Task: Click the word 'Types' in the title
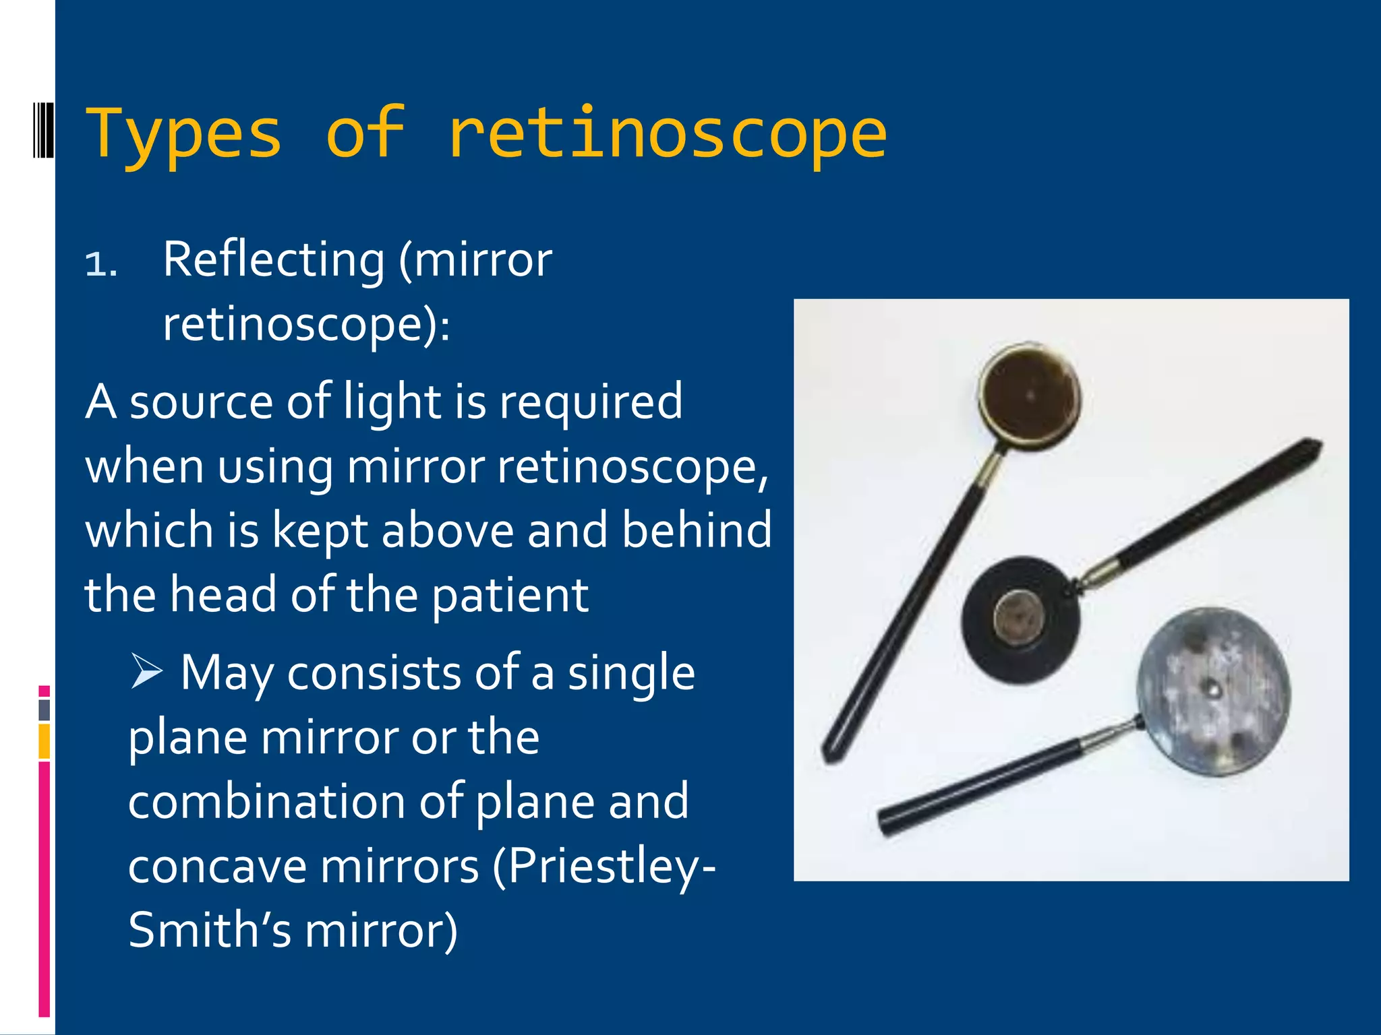pos(183,135)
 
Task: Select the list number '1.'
pos(101,264)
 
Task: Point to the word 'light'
pos(392,402)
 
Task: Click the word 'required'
pos(591,402)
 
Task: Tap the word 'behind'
pos(697,530)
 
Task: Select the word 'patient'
pos(510,596)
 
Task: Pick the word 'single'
pos(631,673)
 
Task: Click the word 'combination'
pos(267,802)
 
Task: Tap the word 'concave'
pos(217,867)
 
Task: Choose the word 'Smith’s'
pos(210,931)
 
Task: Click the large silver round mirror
pos(1214,690)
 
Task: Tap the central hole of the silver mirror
pos(1212,688)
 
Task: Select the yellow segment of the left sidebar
pos(45,741)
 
